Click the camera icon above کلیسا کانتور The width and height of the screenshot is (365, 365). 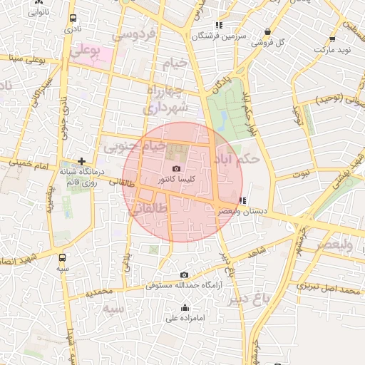coord(176,168)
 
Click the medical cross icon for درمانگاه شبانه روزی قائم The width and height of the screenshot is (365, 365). coord(83,162)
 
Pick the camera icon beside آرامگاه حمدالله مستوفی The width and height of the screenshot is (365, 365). coord(185,275)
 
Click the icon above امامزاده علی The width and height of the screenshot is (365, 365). coord(185,307)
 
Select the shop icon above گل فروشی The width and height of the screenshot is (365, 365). coord(267,32)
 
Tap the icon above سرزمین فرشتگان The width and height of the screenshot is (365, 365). coord(219,26)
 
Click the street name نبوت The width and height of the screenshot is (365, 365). coord(302,173)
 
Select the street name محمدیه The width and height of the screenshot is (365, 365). coord(99,292)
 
